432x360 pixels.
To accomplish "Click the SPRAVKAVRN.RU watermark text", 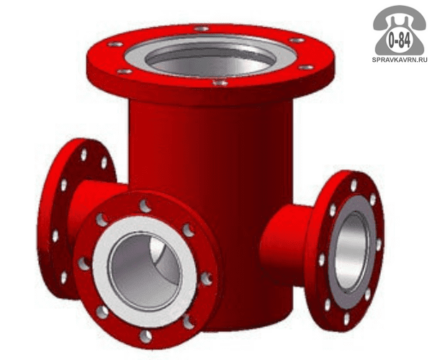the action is coord(400,60).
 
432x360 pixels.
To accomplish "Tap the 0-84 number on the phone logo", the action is coord(399,40).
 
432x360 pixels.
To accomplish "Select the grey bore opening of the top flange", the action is coord(211,58).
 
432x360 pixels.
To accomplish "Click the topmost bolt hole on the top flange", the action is coord(202,28).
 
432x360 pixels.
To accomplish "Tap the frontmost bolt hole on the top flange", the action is coord(220,82).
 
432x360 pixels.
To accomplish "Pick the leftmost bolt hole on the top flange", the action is coord(115,44).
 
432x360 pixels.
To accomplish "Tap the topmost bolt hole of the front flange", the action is coord(145,206).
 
